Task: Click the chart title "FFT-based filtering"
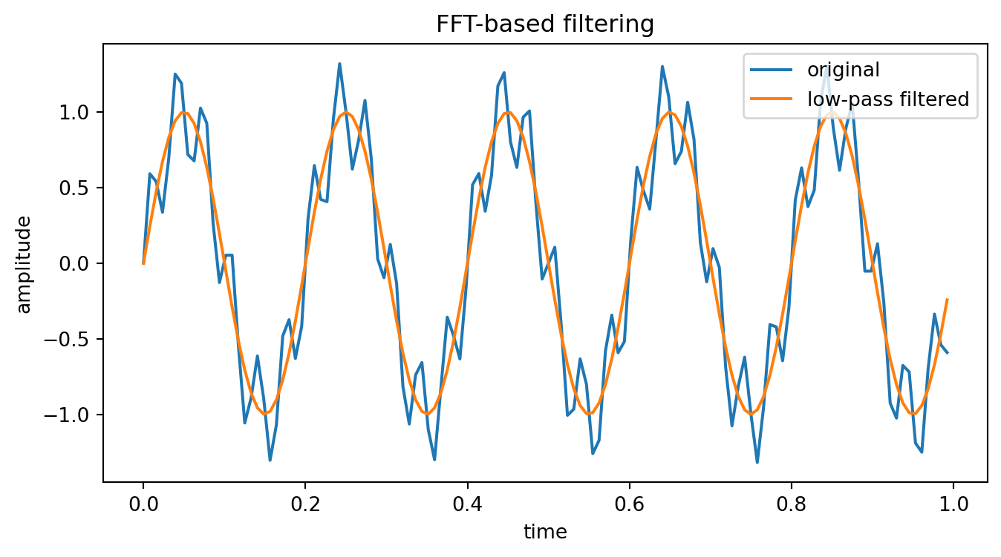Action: coord(545,24)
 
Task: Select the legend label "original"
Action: coord(844,70)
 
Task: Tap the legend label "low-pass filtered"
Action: coord(888,99)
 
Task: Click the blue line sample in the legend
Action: coord(772,70)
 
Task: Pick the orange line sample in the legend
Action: coord(772,99)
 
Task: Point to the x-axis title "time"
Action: coord(545,532)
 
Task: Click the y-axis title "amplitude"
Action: coord(24,265)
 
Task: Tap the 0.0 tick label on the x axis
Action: coord(143,504)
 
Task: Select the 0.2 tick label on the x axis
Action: coord(305,504)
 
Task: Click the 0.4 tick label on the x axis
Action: coord(467,504)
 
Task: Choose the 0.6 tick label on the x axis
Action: coord(629,504)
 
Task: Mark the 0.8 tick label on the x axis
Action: coord(792,504)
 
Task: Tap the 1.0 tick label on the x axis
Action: coord(953,504)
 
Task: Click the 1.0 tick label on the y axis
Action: coord(74,113)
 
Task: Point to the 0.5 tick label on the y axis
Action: coord(74,188)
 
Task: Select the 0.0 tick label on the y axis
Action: coord(74,264)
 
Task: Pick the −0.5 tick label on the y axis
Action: coord(67,340)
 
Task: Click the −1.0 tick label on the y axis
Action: coord(67,415)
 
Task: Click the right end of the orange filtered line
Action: coord(948,300)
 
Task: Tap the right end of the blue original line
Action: coord(948,353)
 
